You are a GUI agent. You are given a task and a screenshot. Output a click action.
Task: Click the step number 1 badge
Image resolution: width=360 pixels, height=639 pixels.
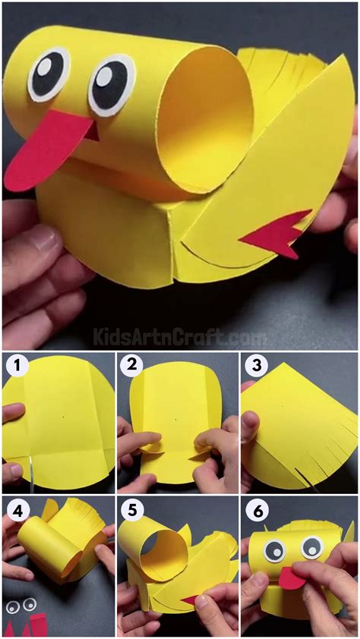(x=16, y=365)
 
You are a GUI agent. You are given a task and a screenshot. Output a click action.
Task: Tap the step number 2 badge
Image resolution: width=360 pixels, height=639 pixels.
(x=131, y=365)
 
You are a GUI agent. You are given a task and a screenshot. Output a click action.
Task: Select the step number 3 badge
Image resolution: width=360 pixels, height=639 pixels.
(x=257, y=365)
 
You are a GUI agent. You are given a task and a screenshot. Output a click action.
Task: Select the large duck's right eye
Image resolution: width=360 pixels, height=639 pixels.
(x=112, y=86)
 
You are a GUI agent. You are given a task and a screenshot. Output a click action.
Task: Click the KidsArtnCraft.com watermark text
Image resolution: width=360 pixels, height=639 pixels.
(x=178, y=338)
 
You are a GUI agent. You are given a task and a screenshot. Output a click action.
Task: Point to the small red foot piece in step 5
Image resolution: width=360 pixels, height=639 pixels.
(x=191, y=600)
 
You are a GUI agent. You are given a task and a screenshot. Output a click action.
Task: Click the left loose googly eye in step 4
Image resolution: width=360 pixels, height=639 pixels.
(x=13, y=607)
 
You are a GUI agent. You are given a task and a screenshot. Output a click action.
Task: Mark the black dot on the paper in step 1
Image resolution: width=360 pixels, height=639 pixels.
(x=63, y=417)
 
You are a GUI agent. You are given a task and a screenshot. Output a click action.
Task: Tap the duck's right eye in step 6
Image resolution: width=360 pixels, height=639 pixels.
(x=312, y=548)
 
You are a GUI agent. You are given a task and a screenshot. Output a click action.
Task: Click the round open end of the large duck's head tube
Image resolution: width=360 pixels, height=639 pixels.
(x=205, y=119)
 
